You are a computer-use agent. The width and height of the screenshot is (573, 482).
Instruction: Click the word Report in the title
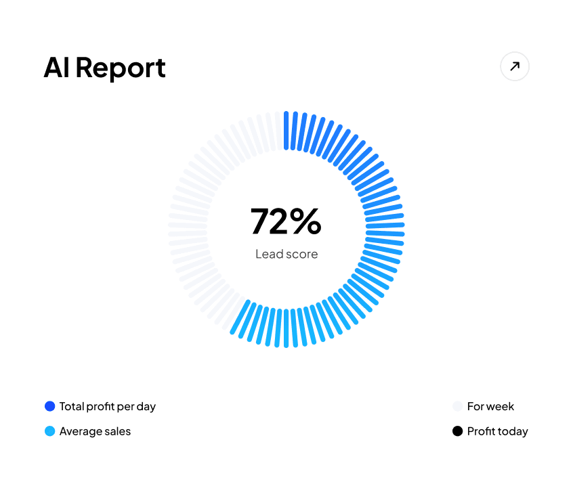[121, 68]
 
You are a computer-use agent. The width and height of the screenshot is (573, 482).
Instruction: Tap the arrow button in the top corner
[515, 66]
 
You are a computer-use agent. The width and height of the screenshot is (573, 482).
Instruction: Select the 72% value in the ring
[286, 221]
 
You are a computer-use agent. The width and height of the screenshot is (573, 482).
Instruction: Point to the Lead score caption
[286, 255]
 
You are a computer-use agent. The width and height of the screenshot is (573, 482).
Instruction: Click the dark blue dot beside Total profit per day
[49, 406]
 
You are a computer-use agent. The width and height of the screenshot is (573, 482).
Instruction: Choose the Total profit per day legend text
[108, 407]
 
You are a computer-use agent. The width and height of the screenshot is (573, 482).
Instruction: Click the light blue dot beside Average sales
[49, 431]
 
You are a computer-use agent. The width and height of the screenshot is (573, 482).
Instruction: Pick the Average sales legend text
[95, 431]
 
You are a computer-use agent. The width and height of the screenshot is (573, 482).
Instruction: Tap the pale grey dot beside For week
[457, 406]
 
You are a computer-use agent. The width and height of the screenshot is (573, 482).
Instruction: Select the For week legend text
[490, 407]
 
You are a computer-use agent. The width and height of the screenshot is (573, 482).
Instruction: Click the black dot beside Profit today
[457, 431]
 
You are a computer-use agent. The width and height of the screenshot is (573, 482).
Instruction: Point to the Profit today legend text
[497, 431]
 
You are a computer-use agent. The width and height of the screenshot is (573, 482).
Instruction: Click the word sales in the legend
[117, 431]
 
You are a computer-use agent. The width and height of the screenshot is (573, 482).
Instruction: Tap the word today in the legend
[513, 431]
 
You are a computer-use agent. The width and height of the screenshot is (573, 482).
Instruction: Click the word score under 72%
[303, 255]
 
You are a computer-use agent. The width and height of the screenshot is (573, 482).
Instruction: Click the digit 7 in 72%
[261, 221]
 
